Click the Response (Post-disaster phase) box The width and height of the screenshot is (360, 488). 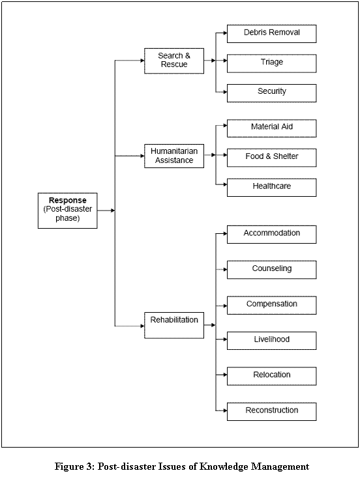(x=68, y=210)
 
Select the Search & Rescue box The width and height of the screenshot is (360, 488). (x=174, y=61)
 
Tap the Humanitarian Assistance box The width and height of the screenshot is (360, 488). (x=174, y=156)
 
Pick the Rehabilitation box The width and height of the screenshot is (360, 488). (x=174, y=325)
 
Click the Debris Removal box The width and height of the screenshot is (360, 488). (x=271, y=34)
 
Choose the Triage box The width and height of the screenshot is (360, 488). (x=271, y=63)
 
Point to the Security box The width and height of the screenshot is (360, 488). (x=271, y=93)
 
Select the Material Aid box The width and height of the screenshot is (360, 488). (x=271, y=128)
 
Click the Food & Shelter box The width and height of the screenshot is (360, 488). (x=271, y=158)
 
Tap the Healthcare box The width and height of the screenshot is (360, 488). (x=271, y=188)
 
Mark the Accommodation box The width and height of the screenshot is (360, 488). (x=271, y=235)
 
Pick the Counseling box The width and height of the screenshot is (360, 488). (x=271, y=270)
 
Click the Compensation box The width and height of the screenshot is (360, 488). (x=271, y=306)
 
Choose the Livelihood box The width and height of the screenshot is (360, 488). (x=271, y=341)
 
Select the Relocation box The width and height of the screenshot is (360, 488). (x=271, y=377)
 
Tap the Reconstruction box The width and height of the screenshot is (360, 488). (x=271, y=412)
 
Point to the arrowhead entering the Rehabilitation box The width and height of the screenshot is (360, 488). (x=143, y=326)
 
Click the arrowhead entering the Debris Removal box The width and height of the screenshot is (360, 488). (x=225, y=33)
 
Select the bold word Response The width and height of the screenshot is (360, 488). (x=68, y=201)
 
